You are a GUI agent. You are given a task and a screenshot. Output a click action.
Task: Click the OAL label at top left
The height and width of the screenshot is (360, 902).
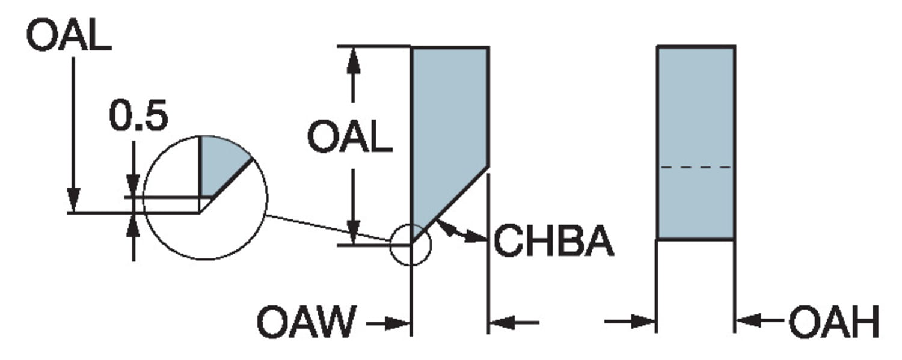click(69, 37)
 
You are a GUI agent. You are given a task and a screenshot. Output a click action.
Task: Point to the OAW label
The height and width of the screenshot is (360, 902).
click(306, 323)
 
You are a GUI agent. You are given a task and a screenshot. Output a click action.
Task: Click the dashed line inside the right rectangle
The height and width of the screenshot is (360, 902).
click(696, 167)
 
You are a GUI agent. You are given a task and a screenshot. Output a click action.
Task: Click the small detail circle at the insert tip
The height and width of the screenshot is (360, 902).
click(411, 245)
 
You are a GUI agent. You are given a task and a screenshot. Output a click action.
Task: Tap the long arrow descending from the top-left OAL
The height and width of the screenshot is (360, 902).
click(73, 132)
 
